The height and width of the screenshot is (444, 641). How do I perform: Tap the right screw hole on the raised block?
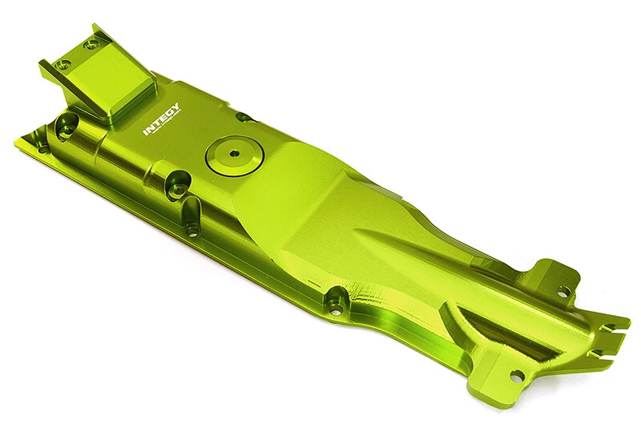pos(93,42)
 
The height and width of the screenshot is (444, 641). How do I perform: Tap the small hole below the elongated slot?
pos(191,232)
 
